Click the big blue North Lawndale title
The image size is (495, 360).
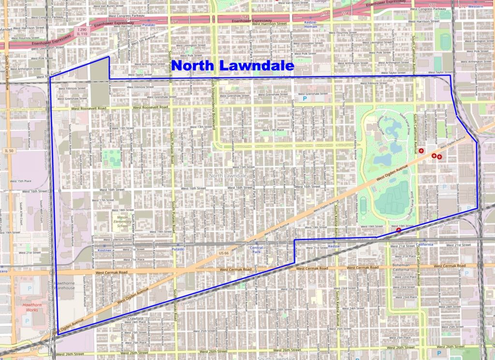tap(233, 66)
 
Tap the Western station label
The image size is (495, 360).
tap(475, 7)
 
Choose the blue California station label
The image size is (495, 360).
tap(425, 245)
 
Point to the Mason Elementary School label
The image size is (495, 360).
tap(122, 222)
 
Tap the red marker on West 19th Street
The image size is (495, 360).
tap(399, 230)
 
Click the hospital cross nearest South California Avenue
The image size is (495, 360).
tap(422, 151)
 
